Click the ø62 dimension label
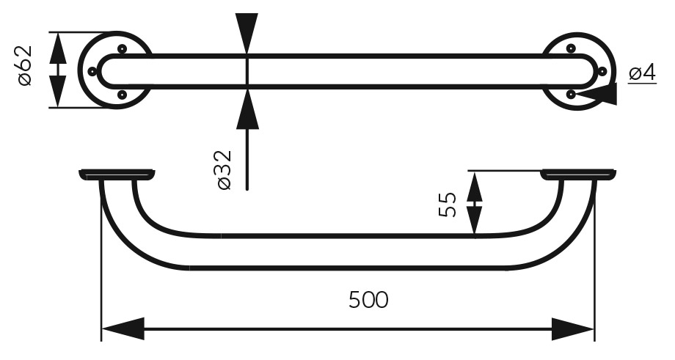coord(26,65)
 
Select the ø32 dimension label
coord(225,170)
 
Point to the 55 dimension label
coord(448,205)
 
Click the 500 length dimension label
coord(368,300)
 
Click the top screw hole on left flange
coord(122,48)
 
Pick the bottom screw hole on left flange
coord(122,94)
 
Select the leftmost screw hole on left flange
coord(92,71)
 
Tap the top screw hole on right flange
coord(571,48)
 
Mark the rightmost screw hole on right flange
coord(602,71)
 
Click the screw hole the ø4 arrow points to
coord(571,94)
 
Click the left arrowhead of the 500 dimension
coord(123,329)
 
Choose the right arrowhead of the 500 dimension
coord(572,329)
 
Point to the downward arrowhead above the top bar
coord(247,34)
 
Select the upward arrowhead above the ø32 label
coord(247,109)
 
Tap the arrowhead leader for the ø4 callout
coord(596,94)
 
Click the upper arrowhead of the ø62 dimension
coord(59,48)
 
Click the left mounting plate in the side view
coord(117,175)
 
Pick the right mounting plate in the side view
coord(578,175)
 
